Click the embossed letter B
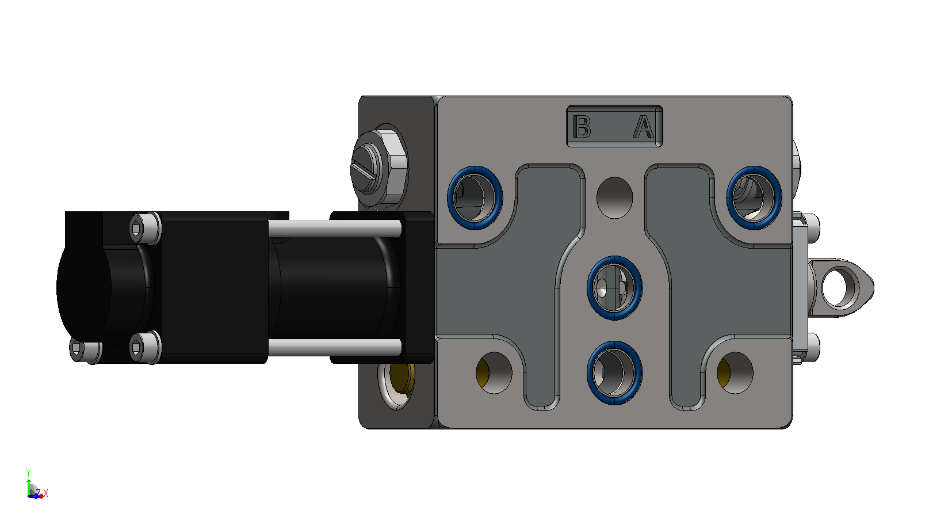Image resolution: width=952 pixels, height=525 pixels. [x=582, y=127]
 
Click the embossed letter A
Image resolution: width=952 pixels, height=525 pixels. [x=644, y=127]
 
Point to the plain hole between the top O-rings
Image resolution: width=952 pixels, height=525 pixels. [x=614, y=198]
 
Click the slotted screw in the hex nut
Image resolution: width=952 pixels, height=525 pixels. [x=366, y=169]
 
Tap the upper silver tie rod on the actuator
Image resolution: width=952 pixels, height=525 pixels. [x=334, y=229]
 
